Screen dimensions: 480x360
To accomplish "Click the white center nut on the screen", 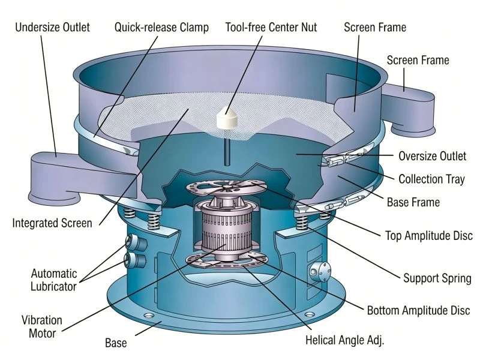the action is point(227,118).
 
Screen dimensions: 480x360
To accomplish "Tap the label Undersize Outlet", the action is point(52,27).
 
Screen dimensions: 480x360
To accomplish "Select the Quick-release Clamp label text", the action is point(161,28).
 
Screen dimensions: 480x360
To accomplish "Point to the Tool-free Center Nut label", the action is point(271,27).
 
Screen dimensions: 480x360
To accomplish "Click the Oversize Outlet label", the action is point(432,156).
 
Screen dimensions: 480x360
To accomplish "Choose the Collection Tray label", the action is point(431,179).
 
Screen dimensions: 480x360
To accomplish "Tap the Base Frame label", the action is point(413,202).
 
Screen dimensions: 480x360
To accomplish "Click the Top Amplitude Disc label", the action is point(429,236).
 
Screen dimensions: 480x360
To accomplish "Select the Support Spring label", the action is point(437,278).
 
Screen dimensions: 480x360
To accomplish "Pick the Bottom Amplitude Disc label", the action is point(418,310).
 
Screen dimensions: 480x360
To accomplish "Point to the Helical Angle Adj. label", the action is point(344,340).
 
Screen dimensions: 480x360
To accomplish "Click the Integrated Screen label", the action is point(52,223).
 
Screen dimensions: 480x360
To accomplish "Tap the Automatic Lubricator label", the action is point(53,280).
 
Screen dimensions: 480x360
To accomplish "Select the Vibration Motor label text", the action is point(42,326).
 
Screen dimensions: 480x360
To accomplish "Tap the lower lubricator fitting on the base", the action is point(135,260).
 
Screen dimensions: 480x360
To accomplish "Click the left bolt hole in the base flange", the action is point(149,316).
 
